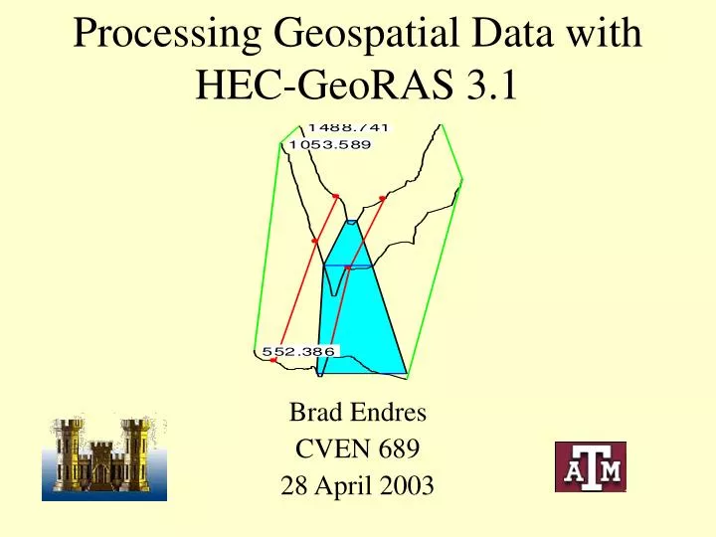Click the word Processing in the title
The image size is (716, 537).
coord(163,37)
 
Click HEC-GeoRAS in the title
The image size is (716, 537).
coord(321,89)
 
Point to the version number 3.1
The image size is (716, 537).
coord(490,89)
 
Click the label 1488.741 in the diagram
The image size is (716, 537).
coord(348,126)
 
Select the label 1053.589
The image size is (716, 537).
coord(329,144)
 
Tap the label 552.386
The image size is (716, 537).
coord(298,351)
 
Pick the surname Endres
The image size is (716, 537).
coord(384,413)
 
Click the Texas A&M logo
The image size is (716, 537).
coord(590,466)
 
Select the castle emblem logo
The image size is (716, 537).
coord(103,457)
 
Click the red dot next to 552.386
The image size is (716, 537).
coord(272,360)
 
